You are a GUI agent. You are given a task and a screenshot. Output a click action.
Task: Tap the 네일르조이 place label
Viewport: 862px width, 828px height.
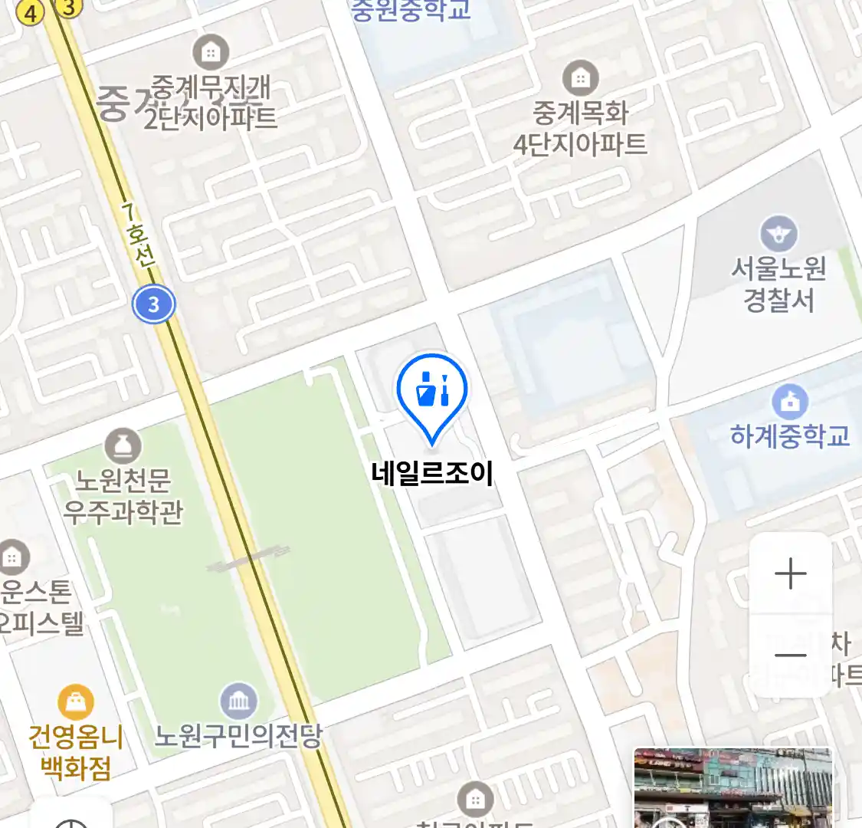432,473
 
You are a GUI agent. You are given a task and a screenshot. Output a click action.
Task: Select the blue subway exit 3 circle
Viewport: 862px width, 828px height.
153,304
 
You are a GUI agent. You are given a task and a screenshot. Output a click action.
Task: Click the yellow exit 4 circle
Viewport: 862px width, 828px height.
31,13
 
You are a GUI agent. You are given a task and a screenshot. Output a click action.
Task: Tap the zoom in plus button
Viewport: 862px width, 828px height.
790,574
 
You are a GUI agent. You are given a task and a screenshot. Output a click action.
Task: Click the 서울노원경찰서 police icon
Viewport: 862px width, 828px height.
778,235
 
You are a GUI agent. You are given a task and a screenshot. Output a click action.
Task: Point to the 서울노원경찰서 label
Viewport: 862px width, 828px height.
778,284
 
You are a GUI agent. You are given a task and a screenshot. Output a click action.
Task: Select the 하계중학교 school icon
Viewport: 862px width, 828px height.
790,401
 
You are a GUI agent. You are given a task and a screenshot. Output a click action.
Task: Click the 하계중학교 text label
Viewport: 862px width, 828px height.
790,436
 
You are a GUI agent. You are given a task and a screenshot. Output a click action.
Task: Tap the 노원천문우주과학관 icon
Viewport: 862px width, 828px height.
123,446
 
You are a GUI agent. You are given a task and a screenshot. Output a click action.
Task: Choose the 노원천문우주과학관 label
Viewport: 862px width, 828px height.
123,496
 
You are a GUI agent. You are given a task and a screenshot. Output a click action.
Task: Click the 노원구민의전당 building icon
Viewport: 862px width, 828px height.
238,701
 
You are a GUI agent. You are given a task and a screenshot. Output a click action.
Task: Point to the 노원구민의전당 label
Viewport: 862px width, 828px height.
238,736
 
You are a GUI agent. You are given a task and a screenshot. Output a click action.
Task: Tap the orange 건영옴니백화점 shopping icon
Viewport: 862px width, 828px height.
76,701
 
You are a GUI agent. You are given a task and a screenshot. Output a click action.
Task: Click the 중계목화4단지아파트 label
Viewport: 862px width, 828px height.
580,128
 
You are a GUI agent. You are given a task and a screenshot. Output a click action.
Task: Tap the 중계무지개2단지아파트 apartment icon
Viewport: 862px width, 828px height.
210,52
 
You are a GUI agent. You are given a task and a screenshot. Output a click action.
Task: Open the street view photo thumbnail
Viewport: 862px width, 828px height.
733,788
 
